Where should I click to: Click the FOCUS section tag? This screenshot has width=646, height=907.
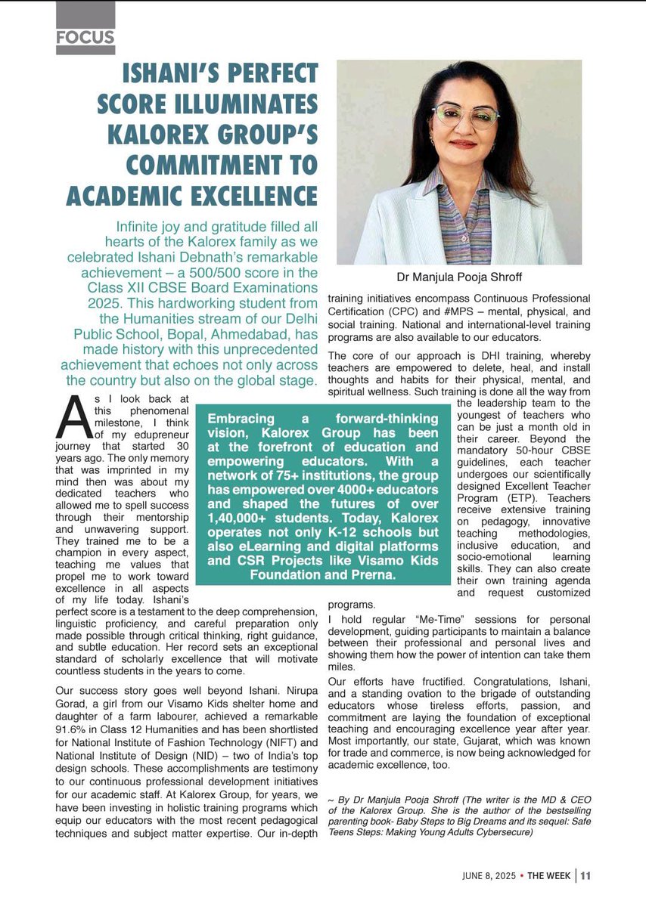[85, 36]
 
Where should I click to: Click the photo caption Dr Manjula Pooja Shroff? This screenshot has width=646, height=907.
[458, 277]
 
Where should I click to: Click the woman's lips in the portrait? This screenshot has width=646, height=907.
[463, 144]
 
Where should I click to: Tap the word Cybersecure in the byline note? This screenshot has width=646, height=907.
[507, 832]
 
